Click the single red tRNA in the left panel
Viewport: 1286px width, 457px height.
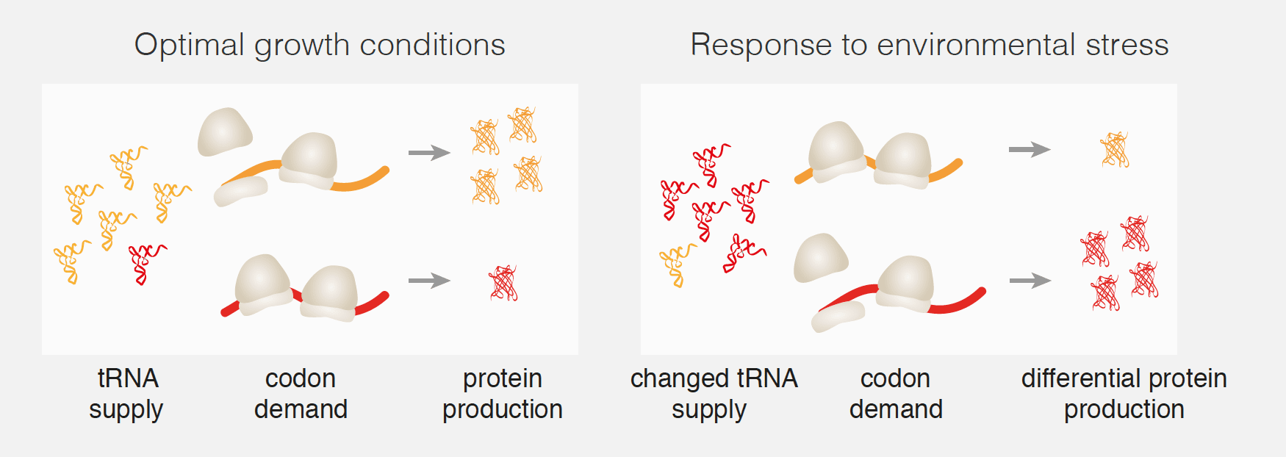point(146,264)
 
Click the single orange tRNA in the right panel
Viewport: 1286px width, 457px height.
point(677,265)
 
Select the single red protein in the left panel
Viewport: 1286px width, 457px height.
point(504,283)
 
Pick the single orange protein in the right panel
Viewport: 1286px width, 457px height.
point(1115,150)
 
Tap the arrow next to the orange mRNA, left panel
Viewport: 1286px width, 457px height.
point(429,153)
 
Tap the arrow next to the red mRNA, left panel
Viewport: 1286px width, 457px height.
point(429,281)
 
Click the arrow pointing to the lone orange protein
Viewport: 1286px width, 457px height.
point(1030,150)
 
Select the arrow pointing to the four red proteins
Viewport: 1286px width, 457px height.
point(1030,281)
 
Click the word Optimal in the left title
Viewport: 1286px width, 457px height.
point(189,46)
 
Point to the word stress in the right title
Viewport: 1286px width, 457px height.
point(1127,46)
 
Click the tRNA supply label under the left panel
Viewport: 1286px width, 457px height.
point(126,394)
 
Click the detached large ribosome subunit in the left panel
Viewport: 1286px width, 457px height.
point(224,132)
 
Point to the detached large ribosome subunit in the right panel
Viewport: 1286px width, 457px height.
point(820,258)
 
